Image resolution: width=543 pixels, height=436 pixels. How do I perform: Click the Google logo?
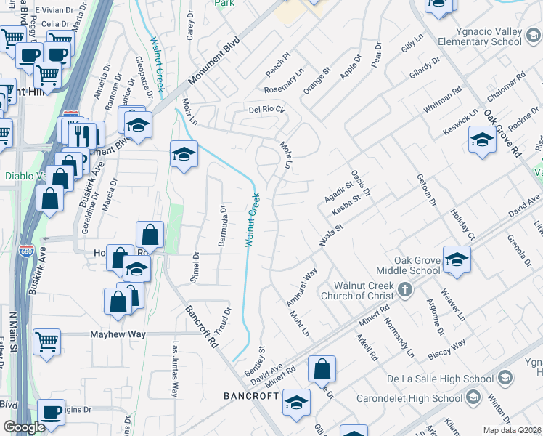(x=24, y=427)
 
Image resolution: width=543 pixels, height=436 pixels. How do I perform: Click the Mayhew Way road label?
(x=118, y=335)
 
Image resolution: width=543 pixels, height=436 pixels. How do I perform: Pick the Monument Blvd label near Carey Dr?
(x=216, y=65)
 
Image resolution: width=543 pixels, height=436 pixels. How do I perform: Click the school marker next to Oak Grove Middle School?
(x=457, y=259)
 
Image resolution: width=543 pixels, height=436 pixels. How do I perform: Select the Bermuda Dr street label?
(x=224, y=226)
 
